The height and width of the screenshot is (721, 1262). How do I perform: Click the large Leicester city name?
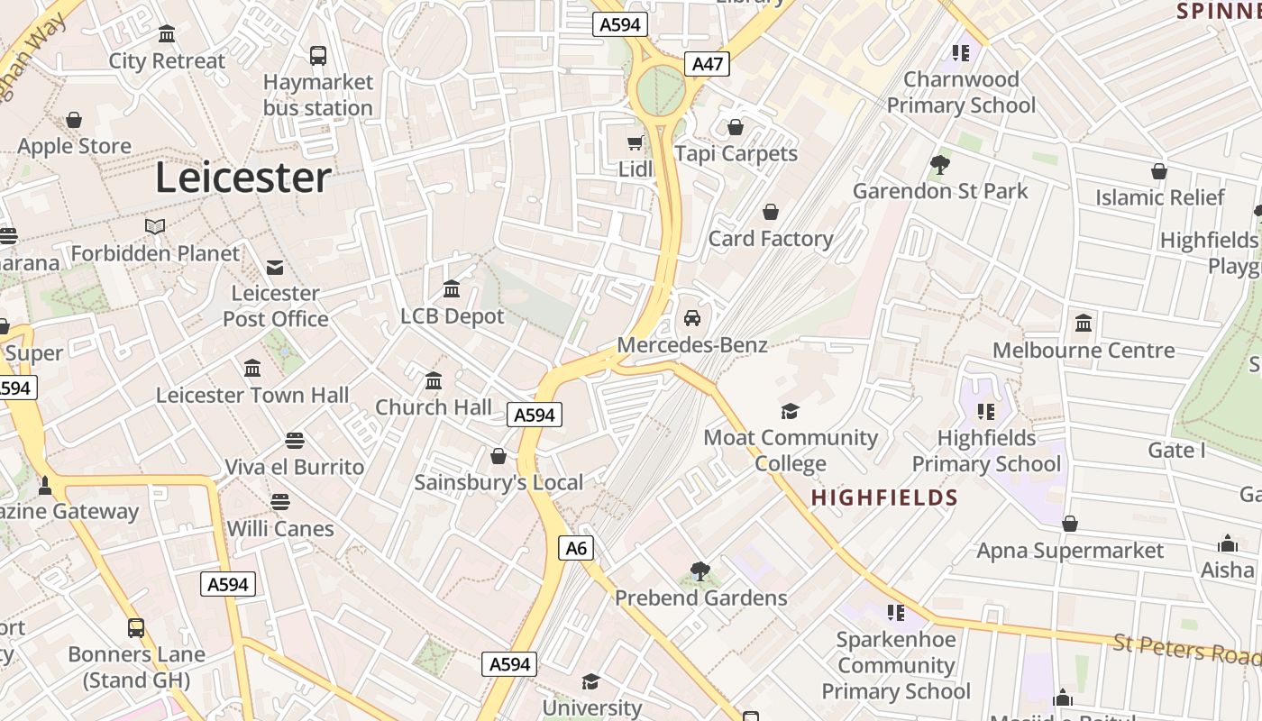243,178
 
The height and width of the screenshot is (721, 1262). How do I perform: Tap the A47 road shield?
707,64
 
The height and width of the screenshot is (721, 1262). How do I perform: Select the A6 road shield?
576,548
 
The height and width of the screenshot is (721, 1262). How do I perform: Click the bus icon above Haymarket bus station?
318,56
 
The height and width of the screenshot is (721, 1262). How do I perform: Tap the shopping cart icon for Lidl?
636,142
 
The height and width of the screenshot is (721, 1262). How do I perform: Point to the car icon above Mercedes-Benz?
692,318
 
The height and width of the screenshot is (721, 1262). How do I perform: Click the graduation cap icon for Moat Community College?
790,412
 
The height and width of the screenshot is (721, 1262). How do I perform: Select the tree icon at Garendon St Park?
940,165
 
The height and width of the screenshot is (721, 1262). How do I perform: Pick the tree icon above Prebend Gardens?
700,571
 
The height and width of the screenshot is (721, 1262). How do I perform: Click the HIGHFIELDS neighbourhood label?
884,497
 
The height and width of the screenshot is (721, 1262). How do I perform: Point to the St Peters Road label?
1185,648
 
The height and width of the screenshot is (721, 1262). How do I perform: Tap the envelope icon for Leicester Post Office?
275,268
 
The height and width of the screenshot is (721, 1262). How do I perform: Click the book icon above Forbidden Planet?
155,226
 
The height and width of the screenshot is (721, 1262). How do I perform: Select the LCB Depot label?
453,316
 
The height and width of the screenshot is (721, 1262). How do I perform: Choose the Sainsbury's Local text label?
498,482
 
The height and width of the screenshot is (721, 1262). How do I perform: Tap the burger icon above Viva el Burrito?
294,441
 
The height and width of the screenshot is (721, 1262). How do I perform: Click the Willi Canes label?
280,528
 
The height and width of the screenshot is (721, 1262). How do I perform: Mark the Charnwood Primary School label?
961,92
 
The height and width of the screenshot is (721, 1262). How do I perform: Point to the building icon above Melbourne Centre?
1084,324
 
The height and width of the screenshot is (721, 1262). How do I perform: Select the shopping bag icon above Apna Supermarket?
1070,524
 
